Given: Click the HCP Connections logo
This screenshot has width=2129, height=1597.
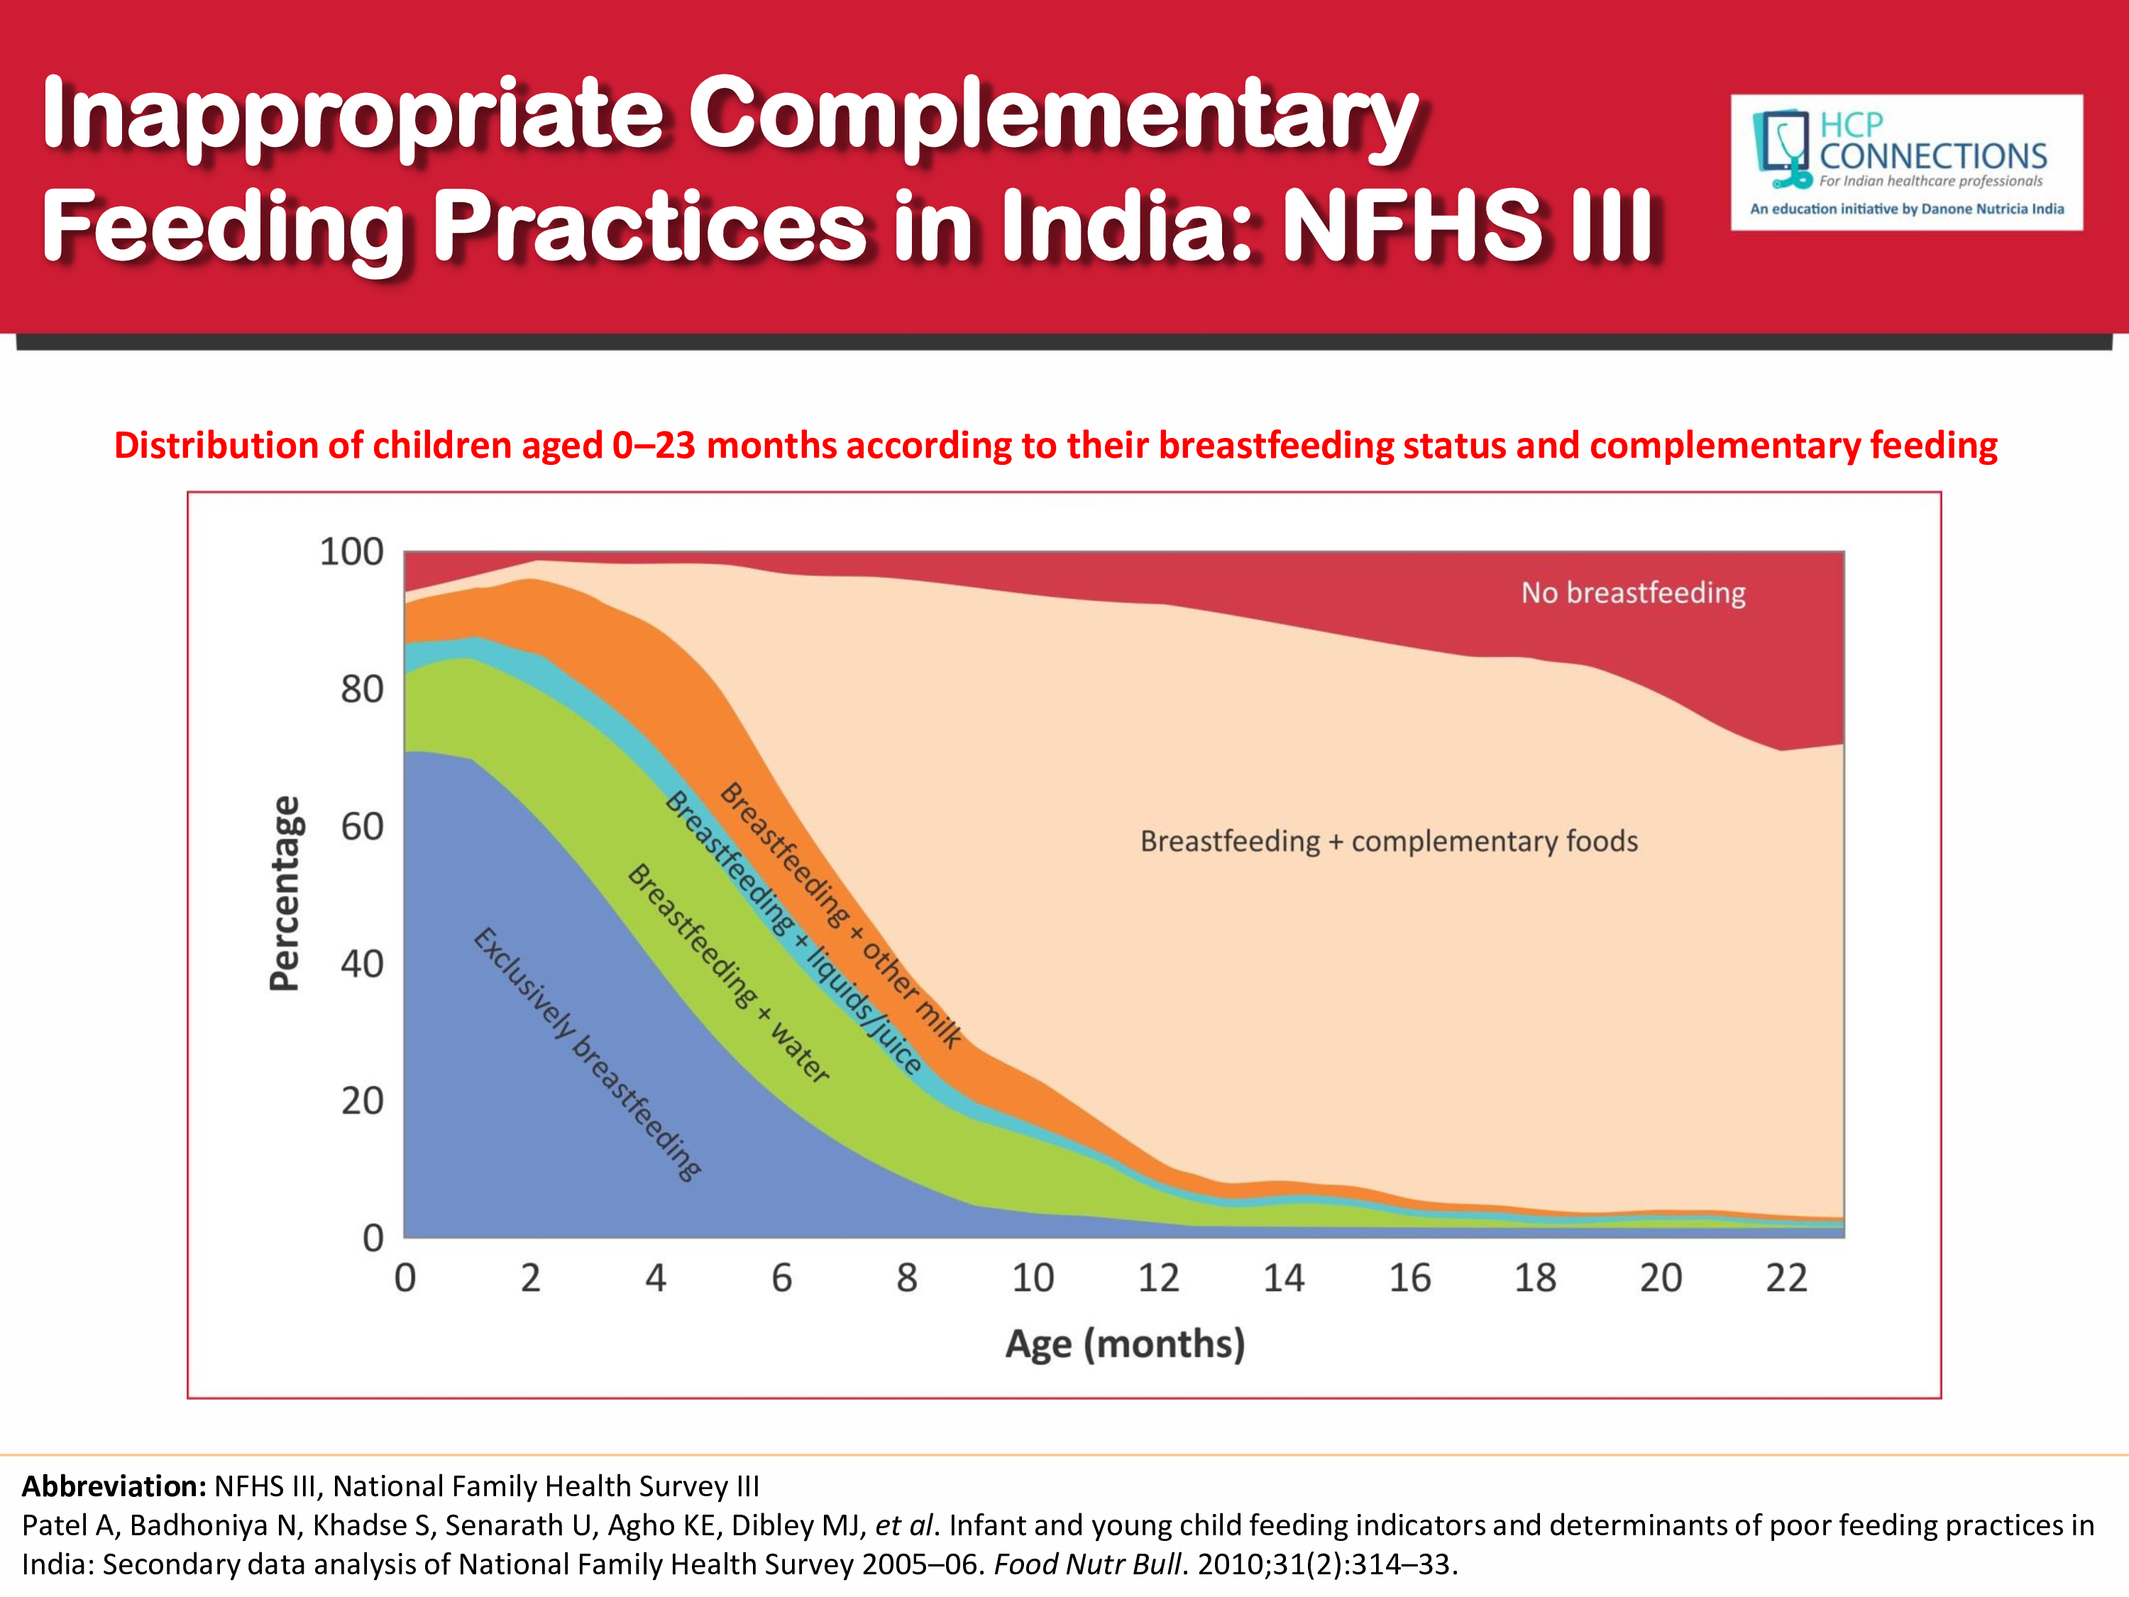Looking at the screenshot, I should pos(1905,162).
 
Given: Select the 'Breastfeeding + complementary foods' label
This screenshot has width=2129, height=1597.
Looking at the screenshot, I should pos(1388,841).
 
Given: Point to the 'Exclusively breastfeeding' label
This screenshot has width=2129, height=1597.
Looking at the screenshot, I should pos(587,1053).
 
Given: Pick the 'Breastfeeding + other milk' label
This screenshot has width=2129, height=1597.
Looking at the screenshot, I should pos(840,914).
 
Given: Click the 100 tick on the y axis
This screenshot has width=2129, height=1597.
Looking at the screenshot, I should pos(351,551).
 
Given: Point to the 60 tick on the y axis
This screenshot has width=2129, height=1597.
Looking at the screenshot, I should pos(362,826).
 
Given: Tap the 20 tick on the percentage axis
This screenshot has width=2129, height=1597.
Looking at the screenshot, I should pos(362,1100).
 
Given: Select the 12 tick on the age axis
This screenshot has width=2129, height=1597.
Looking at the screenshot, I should pos(1158,1278).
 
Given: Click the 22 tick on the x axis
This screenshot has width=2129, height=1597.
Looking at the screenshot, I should pos(1786,1278).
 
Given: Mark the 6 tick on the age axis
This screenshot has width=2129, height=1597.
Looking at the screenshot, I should pos(781,1278).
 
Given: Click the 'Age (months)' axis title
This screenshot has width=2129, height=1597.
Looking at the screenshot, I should pos(1124,1343).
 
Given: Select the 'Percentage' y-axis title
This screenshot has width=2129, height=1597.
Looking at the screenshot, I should pos(285,894).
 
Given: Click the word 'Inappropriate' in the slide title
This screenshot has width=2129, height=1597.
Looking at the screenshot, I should pos(352,116).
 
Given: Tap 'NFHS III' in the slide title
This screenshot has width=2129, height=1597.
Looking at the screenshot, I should pos(1468,226).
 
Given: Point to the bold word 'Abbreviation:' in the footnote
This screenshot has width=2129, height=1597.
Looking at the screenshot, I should pos(114,1486).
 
